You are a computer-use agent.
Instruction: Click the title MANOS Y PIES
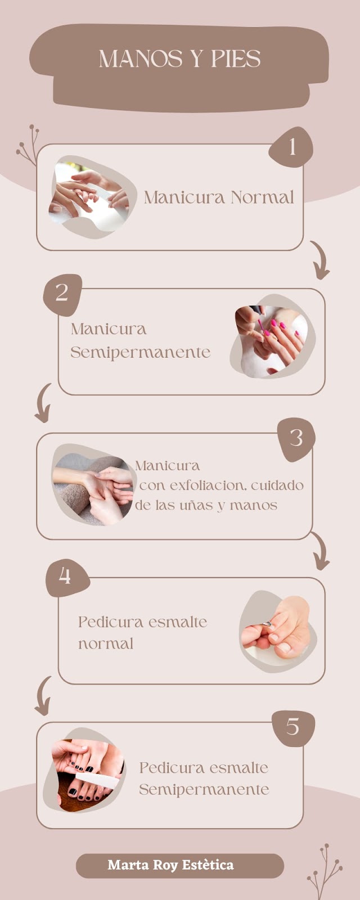[x=179, y=59]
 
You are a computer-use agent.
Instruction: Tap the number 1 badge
[x=291, y=147]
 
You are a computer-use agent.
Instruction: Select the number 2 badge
[x=62, y=293]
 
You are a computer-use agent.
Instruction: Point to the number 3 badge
[x=296, y=438]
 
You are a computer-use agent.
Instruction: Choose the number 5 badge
[x=292, y=727]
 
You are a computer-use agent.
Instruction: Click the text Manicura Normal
[x=219, y=197]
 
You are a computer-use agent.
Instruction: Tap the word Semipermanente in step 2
[x=141, y=353]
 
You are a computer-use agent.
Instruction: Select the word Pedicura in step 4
[x=111, y=622]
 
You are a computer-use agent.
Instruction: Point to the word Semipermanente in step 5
[x=204, y=790]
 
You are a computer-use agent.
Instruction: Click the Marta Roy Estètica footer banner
[x=179, y=865]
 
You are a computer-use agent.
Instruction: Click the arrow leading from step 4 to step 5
[x=43, y=696]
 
